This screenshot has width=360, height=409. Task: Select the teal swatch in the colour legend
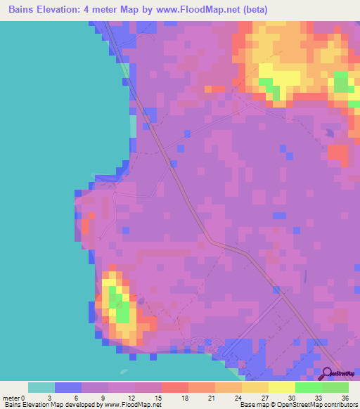(41, 387)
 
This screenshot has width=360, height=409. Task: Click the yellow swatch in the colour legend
(282, 387)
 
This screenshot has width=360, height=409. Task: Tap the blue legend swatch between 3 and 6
(68, 387)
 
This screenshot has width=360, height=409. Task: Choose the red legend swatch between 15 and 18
(175, 387)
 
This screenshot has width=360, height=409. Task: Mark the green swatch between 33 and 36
(335, 387)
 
